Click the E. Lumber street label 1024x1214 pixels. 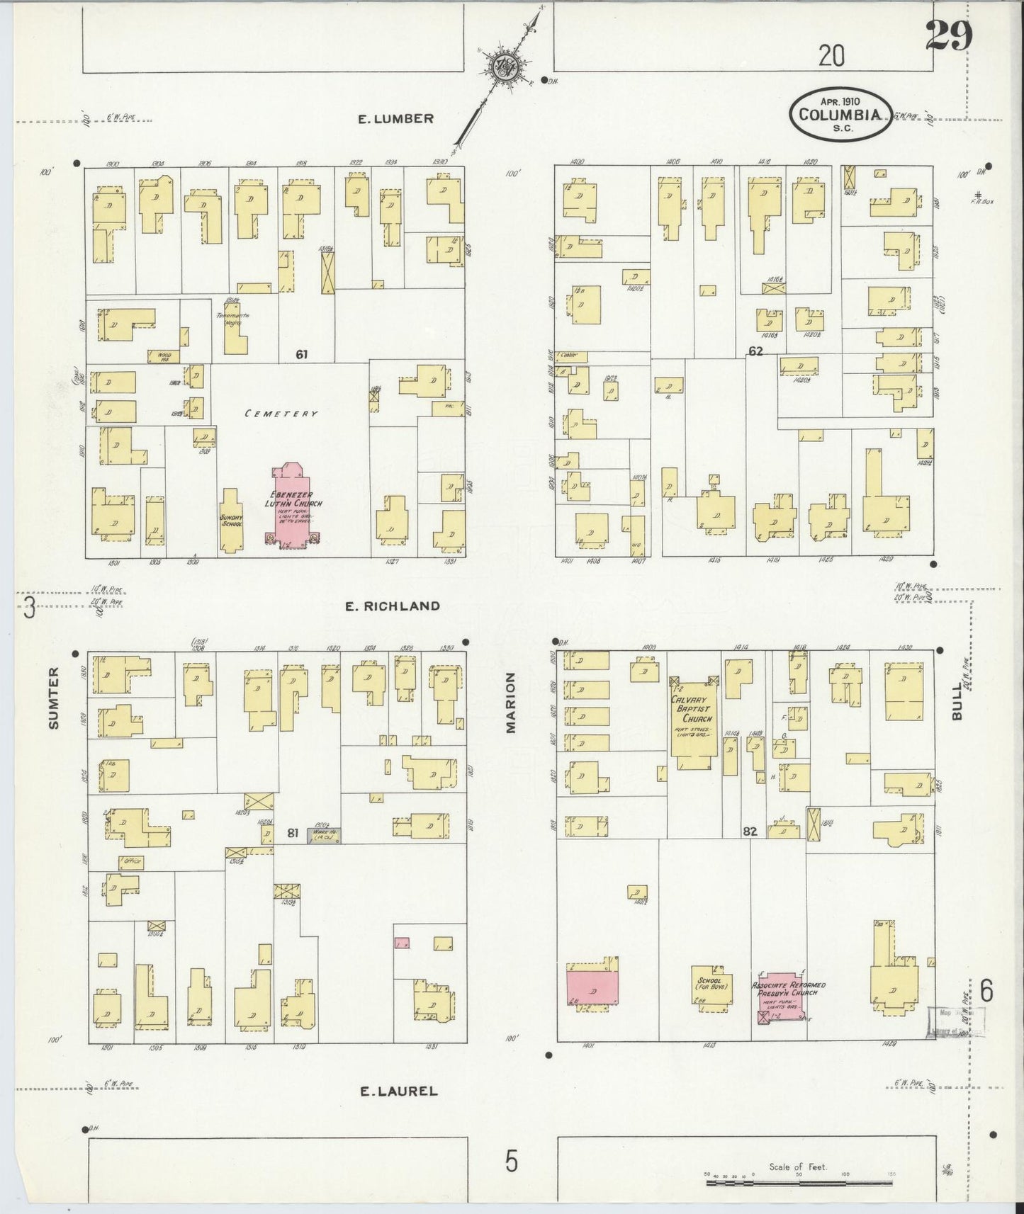(x=395, y=118)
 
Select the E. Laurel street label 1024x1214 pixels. (x=398, y=1091)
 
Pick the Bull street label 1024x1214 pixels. (x=957, y=701)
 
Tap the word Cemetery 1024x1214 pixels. (x=281, y=414)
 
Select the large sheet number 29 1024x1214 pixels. (x=948, y=37)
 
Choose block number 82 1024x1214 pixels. (x=750, y=832)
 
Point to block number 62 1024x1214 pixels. (x=755, y=351)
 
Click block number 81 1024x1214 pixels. (x=292, y=833)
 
